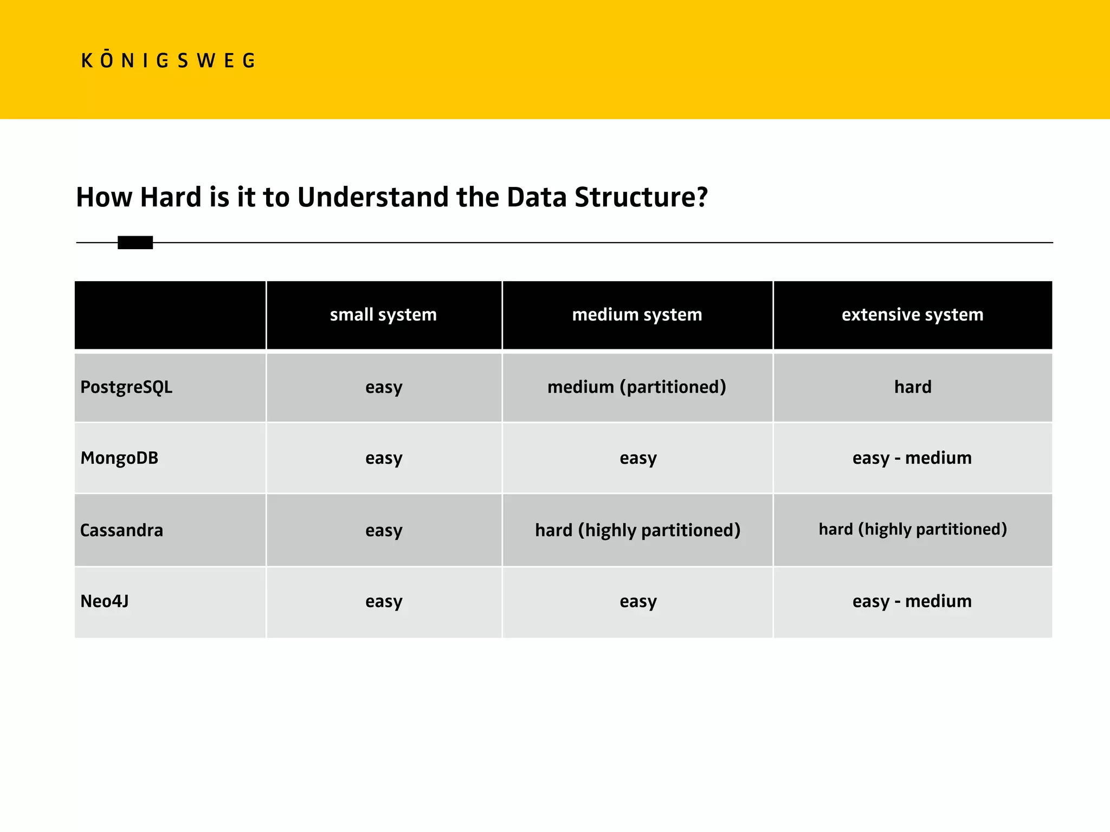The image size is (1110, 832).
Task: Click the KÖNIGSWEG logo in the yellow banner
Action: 168,60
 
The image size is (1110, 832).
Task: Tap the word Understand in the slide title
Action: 373,197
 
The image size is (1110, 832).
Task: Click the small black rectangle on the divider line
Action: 135,243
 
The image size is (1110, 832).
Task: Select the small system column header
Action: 383,315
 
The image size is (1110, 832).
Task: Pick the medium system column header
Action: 637,315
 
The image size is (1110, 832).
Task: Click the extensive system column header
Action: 912,315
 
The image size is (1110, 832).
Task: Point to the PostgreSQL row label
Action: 126,387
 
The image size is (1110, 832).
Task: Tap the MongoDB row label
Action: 119,458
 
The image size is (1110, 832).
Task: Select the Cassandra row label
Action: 121,530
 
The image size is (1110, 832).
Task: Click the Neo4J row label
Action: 105,601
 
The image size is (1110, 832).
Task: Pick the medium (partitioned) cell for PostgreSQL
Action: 637,387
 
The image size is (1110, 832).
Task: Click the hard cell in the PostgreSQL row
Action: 913,387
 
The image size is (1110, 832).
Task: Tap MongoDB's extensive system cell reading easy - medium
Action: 912,458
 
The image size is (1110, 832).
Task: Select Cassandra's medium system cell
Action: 637,530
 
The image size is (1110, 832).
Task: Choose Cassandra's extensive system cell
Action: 913,529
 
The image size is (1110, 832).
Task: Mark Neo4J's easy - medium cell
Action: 912,601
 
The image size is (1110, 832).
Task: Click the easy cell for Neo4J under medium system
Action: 638,601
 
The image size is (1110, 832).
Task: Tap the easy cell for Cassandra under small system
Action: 384,530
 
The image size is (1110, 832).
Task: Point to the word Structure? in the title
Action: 641,197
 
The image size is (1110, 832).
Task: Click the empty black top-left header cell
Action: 170,315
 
